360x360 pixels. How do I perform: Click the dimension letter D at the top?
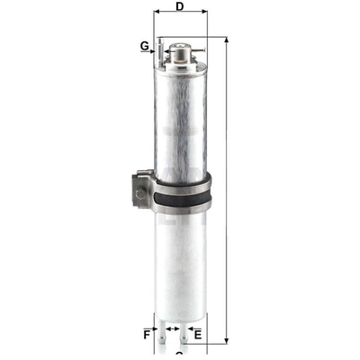[x=180, y=8]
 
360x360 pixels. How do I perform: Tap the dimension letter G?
[x=144, y=45]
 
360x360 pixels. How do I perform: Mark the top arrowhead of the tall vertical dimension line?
[x=225, y=41]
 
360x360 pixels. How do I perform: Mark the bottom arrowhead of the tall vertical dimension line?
[x=225, y=345]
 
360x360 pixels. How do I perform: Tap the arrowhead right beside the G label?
[x=155, y=46]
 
